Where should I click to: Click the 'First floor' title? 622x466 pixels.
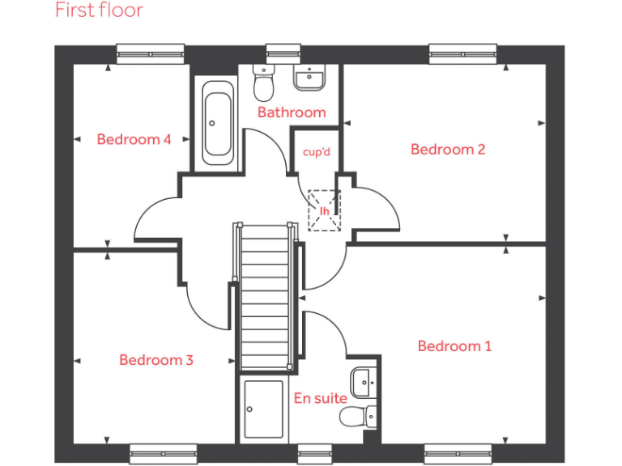99,11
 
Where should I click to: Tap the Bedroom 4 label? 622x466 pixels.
134,139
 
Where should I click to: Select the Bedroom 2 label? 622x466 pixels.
448,149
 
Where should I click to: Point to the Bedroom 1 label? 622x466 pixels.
454,346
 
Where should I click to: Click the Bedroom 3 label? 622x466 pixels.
156,360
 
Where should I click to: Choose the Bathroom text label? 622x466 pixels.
292,112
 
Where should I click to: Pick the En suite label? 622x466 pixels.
320,398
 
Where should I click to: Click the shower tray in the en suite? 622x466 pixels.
264,409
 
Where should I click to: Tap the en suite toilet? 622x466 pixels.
358,417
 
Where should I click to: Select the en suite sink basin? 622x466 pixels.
364,379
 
